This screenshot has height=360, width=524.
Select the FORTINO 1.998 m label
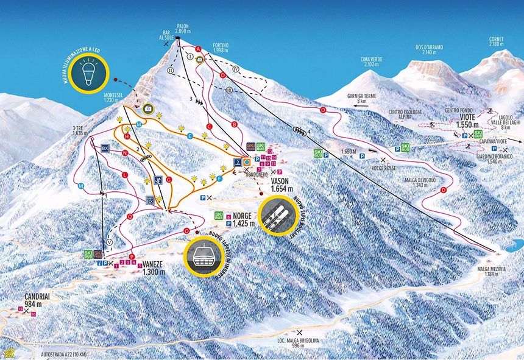(221, 48)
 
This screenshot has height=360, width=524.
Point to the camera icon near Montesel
(148, 108)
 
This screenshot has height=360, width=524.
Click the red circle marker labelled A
(198, 49)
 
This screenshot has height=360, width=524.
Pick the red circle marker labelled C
(209, 127)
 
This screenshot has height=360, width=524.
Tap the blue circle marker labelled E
(190, 135)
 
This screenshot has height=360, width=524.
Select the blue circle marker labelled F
(219, 178)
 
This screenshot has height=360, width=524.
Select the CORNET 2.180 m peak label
(497, 41)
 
